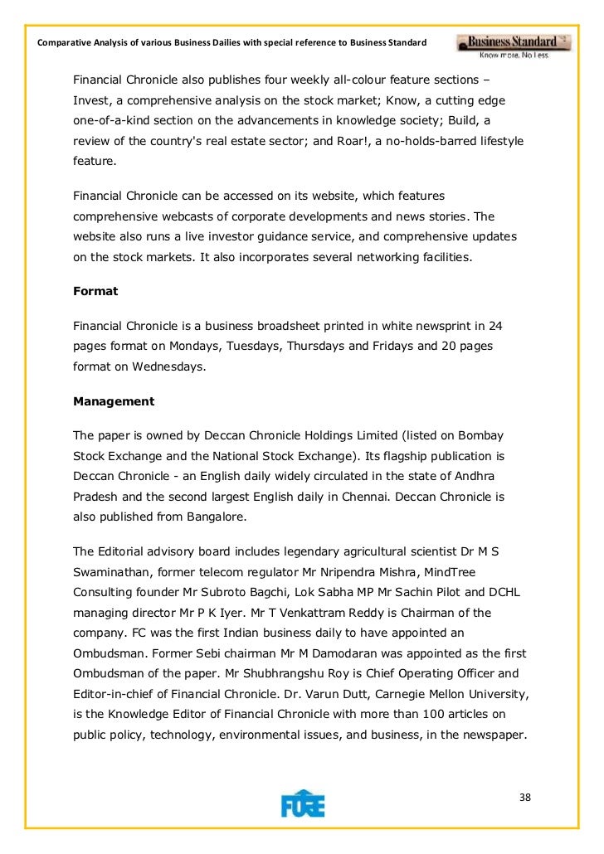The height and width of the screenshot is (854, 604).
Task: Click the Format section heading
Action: [95, 292]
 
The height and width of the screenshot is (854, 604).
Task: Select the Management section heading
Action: [114, 401]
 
